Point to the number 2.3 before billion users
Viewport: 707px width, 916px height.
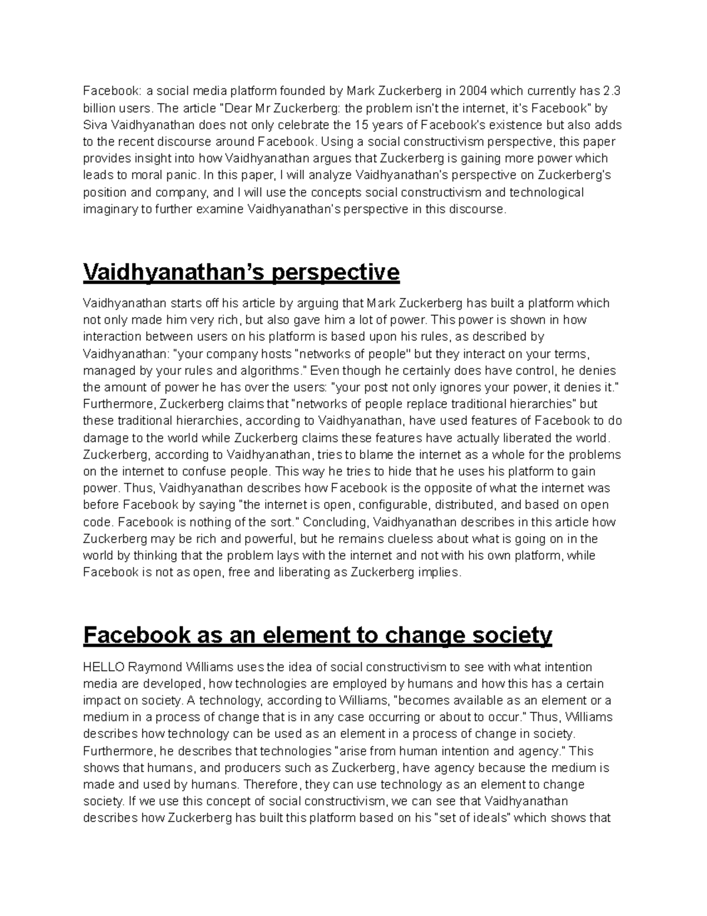click(612, 91)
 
